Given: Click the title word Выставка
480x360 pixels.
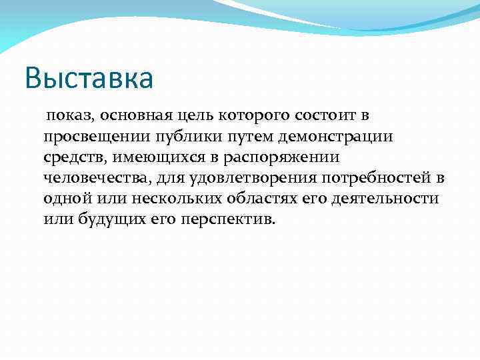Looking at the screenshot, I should coord(89,78).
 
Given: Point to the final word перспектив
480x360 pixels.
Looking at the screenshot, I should coord(227,219).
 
